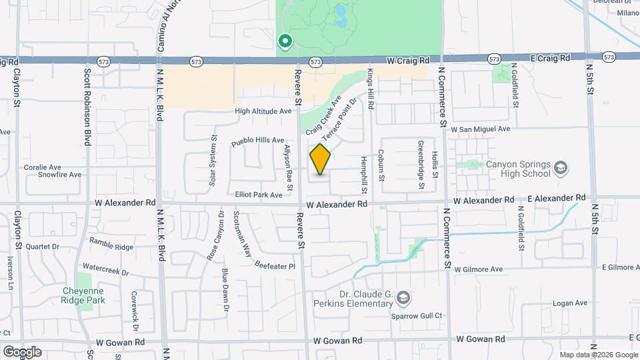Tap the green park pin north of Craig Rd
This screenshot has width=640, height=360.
click(x=285, y=42)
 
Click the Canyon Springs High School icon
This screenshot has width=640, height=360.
click(x=561, y=167)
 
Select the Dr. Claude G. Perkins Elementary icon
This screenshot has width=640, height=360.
click(x=402, y=297)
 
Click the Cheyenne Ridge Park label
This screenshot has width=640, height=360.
click(x=85, y=295)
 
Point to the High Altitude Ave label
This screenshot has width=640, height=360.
click(x=263, y=111)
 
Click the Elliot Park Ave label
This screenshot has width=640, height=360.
click(x=259, y=195)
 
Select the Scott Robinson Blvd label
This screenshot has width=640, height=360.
click(x=87, y=107)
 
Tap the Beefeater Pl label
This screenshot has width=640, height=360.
click(x=275, y=265)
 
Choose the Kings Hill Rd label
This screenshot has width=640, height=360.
click(x=371, y=89)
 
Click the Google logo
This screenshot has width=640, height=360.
click(x=22, y=351)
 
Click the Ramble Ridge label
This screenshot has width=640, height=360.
click(x=111, y=247)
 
